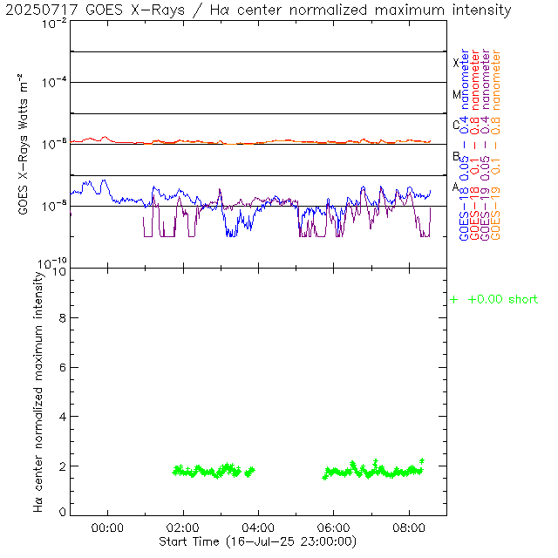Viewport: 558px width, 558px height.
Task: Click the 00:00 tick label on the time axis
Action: point(107,527)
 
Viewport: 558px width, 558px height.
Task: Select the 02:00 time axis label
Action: point(183,527)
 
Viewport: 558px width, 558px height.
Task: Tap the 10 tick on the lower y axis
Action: point(59,271)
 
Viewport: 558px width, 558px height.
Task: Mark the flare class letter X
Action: point(456,63)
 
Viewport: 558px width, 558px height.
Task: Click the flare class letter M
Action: point(456,94)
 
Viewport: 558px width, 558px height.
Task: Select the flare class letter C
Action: point(456,125)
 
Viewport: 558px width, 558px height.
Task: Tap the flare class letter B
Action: point(456,156)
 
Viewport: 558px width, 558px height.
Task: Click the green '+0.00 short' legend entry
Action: point(494,300)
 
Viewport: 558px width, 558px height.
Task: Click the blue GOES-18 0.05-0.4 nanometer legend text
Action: point(464,145)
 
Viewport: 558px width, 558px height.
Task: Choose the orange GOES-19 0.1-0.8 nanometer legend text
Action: point(497,145)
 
